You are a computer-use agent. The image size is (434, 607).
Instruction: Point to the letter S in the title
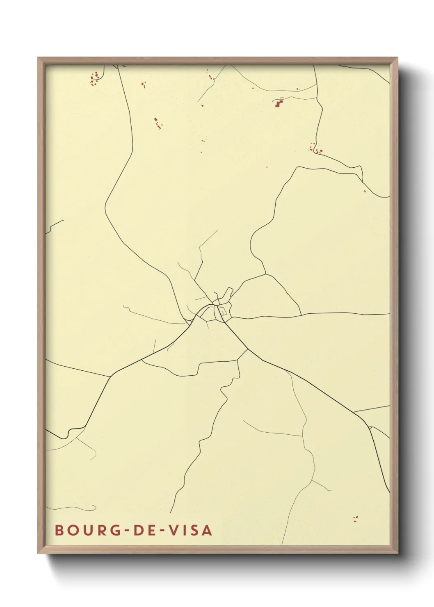194,530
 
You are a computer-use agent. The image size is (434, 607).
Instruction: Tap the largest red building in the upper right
279,103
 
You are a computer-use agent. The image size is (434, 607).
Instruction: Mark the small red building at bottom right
355,519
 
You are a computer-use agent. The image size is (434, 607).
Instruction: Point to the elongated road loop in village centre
226,295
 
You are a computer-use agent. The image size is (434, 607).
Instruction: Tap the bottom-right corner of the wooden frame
397,552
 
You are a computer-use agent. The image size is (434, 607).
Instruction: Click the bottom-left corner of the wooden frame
39,552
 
